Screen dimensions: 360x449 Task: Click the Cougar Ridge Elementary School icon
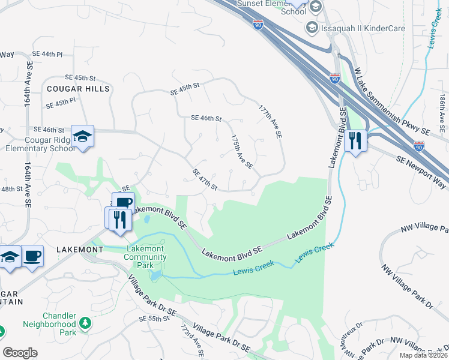coord(82,136)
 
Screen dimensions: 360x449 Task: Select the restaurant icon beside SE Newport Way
coord(356,141)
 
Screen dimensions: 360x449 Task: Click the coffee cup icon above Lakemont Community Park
coord(123,203)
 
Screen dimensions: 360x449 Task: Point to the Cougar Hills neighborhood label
coord(79,89)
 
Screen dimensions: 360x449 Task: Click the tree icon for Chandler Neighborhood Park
coord(85,323)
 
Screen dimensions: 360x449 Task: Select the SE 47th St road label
coord(205,179)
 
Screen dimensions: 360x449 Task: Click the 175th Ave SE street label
coord(242,151)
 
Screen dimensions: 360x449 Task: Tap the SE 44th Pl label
coord(47,54)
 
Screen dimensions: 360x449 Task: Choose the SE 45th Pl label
coord(61,103)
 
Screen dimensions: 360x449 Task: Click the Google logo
coord(20,353)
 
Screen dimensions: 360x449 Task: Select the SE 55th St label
coord(154,319)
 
